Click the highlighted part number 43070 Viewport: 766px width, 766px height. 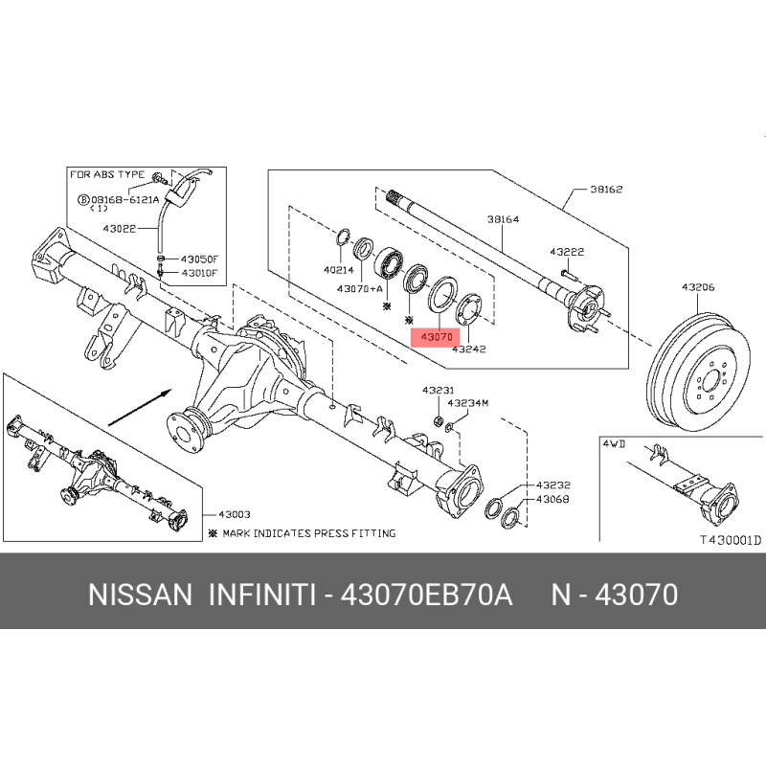[x=436, y=337]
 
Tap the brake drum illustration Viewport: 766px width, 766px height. [x=699, y=365]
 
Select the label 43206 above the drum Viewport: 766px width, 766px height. [x=699, y=287]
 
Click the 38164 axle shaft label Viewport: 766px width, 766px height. [x=503, y=219]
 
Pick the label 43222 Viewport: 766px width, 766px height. [x=567, y=251]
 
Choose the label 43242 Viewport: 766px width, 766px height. [x=469, y=349]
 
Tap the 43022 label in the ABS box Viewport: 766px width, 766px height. [x=121, y=228]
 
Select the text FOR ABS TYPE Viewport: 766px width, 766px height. [x=105, y=174]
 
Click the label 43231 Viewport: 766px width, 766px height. [x=439, y=390]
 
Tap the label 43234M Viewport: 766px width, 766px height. [x=468, y=403]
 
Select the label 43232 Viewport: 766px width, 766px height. [x=553, y=485]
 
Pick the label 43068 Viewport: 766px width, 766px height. [x=553, y=499]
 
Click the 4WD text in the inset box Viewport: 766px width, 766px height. [x=613, y=444]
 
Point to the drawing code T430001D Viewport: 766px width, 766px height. [x=729, y=540]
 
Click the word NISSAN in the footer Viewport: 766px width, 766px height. [x=141, y=596]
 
